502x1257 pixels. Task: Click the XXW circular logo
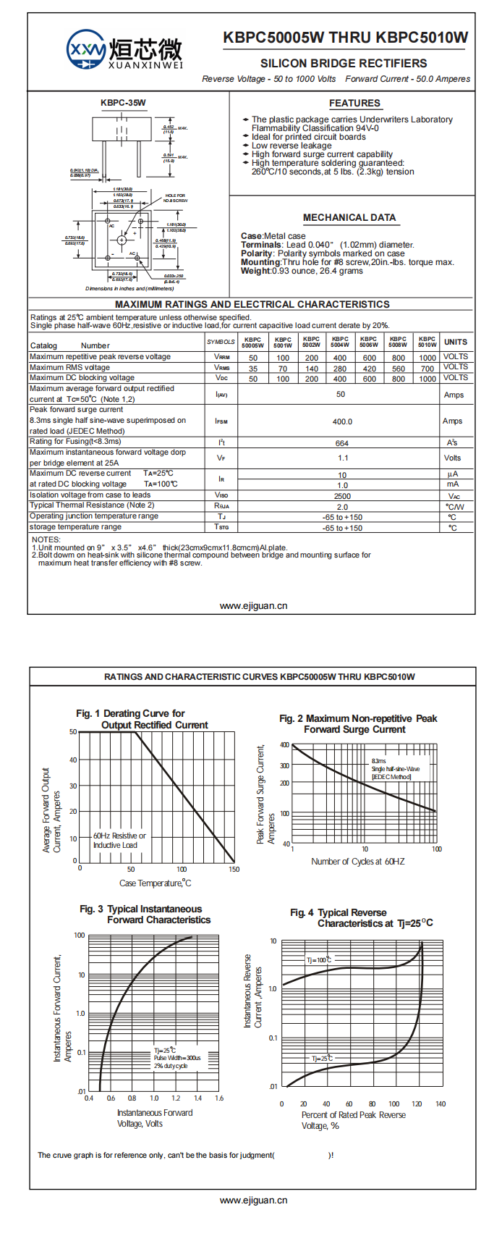pos(86,49)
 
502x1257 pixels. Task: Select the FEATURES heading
pos(354,104)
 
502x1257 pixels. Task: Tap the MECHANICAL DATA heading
pos(349,217)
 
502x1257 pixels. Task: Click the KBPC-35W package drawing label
pos(123,103)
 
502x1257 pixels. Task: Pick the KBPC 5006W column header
pos(369,342)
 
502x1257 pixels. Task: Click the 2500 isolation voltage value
pos(342,496)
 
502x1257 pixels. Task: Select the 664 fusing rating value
pos(341,443)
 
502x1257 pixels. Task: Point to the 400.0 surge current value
pos(342,421)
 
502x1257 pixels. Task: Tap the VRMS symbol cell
pos(221,368)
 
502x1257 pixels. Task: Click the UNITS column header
pos(456,342)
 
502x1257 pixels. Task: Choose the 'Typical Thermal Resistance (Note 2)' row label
pos(92,505)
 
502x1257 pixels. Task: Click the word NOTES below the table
pos(46,539)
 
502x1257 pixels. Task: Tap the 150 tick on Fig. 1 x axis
pos(234,869)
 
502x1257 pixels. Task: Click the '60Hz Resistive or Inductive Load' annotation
pos(119,840)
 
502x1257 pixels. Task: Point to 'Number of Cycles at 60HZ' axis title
pos(357,862)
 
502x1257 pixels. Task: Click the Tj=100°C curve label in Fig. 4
pos(319,960)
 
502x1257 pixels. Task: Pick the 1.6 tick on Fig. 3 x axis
pos(219,1098)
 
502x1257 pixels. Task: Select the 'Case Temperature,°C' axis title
pos(156,883)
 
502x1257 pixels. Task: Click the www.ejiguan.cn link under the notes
pos(253,606)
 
